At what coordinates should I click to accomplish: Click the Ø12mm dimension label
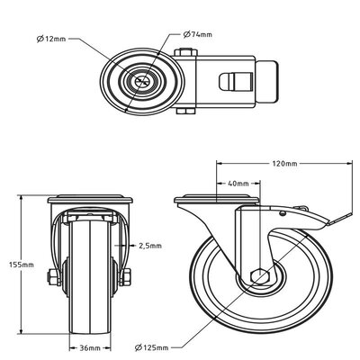50,40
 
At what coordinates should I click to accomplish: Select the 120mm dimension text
284,164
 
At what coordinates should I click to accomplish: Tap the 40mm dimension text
238,184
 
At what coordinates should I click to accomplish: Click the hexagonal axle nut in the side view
258,277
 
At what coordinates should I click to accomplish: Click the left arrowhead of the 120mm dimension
219,164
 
